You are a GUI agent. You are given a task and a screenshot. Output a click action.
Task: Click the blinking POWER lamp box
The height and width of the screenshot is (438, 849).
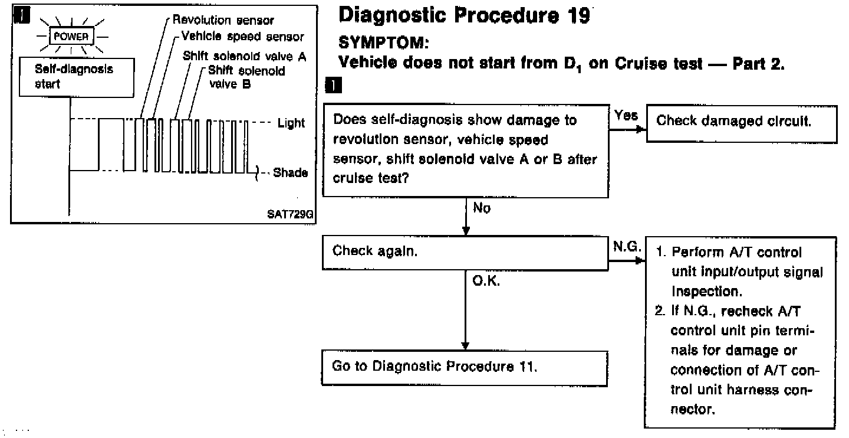tap(71, 36)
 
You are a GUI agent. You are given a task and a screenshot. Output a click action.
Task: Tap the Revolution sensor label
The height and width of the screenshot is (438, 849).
tap(223, 21)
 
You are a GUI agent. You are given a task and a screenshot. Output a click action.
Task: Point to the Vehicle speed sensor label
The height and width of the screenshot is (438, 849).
tap(242, 37)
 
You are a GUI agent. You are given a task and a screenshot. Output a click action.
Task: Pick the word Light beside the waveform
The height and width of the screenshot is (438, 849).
tap(291, 123)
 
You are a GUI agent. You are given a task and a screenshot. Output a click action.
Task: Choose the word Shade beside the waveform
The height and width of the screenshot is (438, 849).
tap(291, 173)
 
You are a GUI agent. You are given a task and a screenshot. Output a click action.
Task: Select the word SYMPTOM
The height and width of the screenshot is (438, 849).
tap(380, 44)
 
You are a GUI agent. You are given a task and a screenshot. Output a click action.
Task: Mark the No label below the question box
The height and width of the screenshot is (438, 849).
tap(482, 208)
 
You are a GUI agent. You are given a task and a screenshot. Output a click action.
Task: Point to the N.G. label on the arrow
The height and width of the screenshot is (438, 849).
tap(626, 248)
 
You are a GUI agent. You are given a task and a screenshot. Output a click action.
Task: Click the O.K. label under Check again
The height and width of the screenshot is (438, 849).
tap(486, 282)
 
